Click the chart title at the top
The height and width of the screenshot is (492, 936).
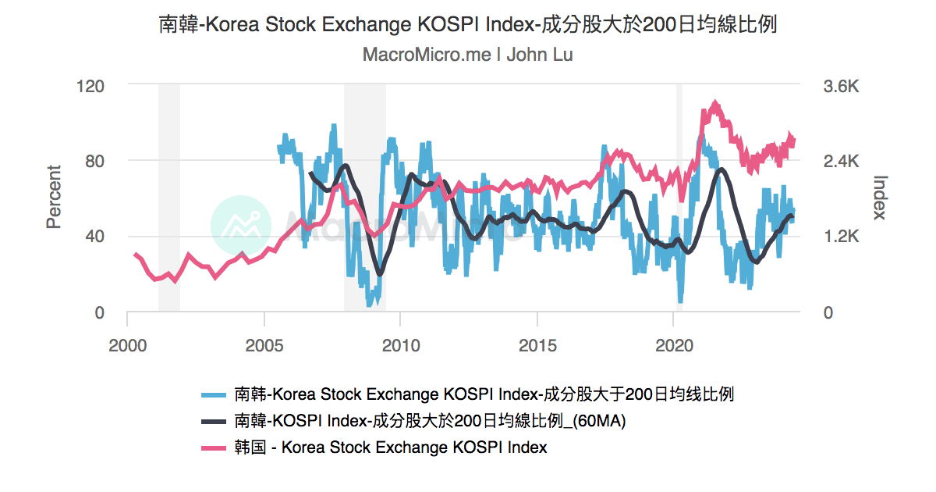[x=468, y=24]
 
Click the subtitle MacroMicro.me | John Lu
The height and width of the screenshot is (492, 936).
[x=468, y=55]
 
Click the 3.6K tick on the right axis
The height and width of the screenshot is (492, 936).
[x=841, y=86]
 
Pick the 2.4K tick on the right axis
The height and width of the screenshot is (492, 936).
[x=841, y=162]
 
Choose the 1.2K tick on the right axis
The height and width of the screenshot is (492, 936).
[x=841, y=237]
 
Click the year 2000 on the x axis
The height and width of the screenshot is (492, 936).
[x=127, y=344]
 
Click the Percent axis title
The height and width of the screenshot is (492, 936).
[x=54, y=197]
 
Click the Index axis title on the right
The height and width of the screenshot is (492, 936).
[x=879, y=197]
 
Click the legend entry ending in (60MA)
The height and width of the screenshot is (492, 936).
[x=430, y=421]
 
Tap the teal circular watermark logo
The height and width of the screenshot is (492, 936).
[x=241, y=226]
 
